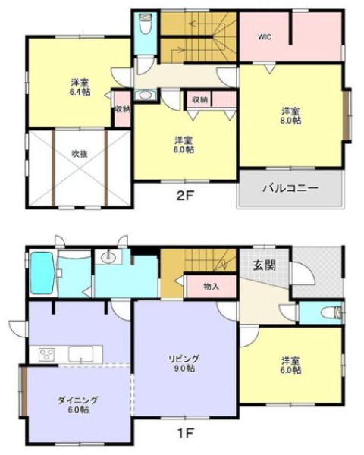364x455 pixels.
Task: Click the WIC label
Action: pos(265,37)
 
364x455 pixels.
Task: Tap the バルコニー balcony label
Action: pos(290,188)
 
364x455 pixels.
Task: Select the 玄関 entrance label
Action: pos(264,265)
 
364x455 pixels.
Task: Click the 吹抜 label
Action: pos(80,154)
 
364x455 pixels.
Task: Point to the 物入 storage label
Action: pos(211,287)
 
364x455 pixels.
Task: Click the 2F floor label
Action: pos(185,196)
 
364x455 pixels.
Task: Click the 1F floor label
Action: pos(185,434)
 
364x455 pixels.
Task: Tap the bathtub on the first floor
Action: pos(42,273)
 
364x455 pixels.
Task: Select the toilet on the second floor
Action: pos(144,24)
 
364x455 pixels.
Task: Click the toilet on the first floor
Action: pos(333,312)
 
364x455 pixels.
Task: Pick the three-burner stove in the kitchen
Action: pos(47,354)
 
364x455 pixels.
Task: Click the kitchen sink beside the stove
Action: pos(81,354)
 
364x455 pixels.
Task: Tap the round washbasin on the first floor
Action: pos(108,256)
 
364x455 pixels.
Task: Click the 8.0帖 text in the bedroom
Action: pos(291,120)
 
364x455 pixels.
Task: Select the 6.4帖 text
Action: pos(80,92)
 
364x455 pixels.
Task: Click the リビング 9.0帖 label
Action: pos(184,363)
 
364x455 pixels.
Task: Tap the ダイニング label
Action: pos(77,400)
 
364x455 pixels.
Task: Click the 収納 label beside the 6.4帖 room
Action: pos(123,109)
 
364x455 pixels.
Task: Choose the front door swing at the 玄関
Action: pos(303,274)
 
